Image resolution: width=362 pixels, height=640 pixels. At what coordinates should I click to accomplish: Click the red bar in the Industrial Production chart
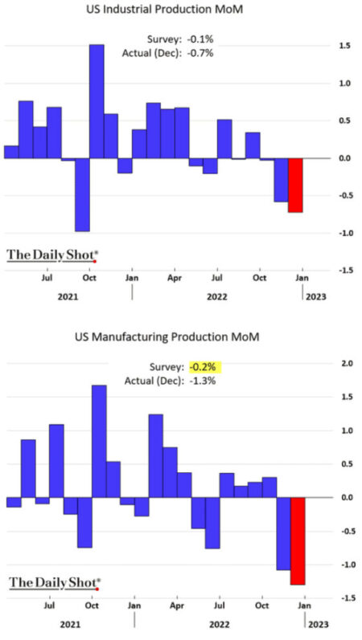pyautogui.click(x=295, y=185)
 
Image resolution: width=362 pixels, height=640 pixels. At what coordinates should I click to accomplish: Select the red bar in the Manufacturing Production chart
pyautogui.click(x=298, y=540)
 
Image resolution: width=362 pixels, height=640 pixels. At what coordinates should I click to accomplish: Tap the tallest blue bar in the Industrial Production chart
pyautogui.click(x=97, y=101)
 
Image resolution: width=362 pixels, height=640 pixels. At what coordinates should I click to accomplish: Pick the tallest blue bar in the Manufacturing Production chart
pyautogui.click(x=99, y=441)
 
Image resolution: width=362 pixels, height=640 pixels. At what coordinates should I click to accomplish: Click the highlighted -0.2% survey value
pyautogui.click(x=203, y=367)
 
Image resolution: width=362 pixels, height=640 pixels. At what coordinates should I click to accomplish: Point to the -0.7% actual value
pyautogui.click(x=200, y=53)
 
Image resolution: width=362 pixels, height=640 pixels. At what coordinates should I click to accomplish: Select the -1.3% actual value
pyautogui.click(x=203, y=381)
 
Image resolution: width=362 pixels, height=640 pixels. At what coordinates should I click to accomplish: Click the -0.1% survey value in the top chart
pyautogui.click(x=200, y=39)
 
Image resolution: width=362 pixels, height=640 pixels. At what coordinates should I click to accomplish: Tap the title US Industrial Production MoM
pyautogui.click(x=164, y=10)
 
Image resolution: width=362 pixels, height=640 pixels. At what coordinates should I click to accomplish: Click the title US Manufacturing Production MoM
pyautogui.click(x=167, y=337)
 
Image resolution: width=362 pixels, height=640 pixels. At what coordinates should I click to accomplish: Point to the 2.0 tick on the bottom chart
pyautogui.click(x=348, y=364)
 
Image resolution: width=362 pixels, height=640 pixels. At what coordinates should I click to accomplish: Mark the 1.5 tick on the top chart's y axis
pyautogui.click(x=345, y=46)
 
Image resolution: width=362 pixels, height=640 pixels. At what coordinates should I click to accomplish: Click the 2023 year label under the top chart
pyautogui.click(x=316, y=296)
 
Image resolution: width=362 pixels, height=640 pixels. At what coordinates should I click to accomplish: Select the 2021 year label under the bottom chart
pyautogui.click(x=70, y=625)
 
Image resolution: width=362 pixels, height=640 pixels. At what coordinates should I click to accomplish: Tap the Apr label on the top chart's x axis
pyautogui.click(x=175, y=278)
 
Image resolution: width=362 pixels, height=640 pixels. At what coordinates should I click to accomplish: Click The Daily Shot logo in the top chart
pyautogui.click(x=53, y=255)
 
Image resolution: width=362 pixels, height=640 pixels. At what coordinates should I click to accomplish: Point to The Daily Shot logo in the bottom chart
pyautogui.click(x=55, y=582)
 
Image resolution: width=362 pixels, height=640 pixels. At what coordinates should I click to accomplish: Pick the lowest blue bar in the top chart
pyautogui.click(x=82, y=194)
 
